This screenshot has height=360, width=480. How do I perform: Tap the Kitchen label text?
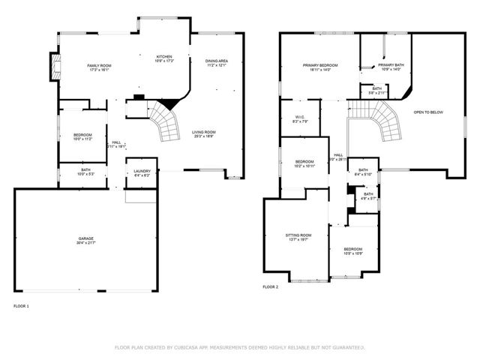pyautogui.click(x=163, y=56)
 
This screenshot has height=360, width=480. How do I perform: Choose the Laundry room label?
pyautogui.click(x=140, y=170)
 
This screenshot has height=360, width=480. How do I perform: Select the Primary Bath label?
pyautogui.click(x=391, y=65)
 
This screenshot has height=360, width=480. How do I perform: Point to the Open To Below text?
pyautogui.click(x=428, y=112)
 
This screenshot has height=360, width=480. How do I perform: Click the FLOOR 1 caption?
pyautogui.click(x=22, y=306)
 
